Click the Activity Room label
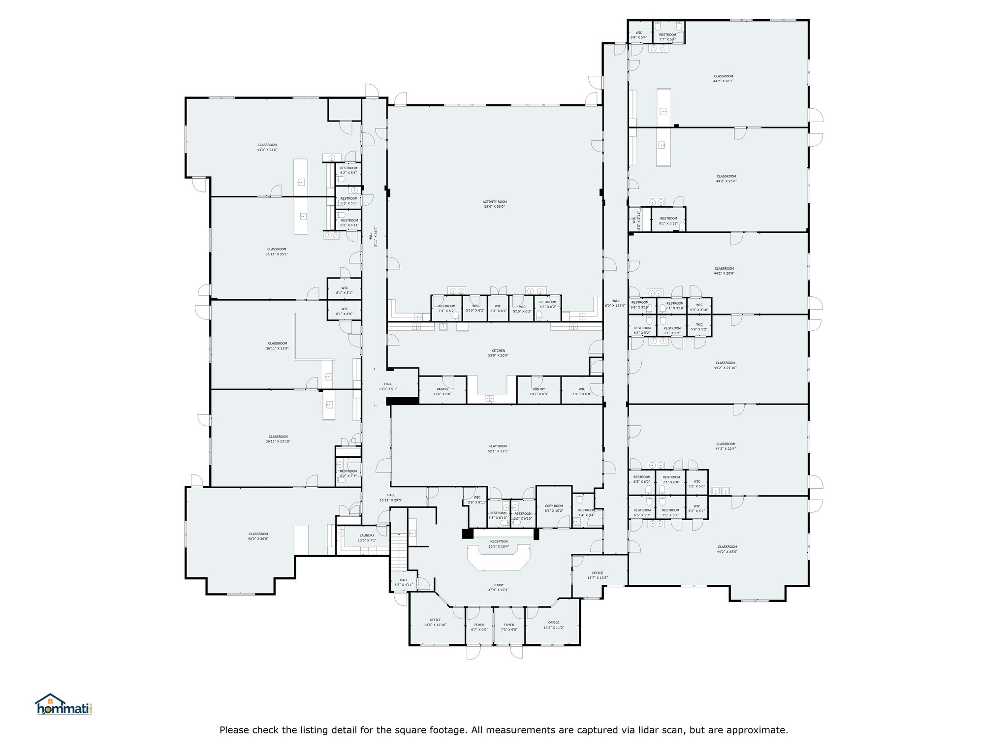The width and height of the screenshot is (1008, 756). coord(494,204)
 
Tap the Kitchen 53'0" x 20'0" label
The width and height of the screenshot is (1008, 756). coord(498,353)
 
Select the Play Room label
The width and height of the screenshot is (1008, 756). coord(498,448)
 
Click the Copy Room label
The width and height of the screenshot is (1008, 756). coord(554,508)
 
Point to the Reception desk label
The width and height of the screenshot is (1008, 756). coord(499,544)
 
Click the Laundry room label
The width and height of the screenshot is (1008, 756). coord(367,537)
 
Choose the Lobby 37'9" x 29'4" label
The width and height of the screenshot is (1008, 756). coord(498,587)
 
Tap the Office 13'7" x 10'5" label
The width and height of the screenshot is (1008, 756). coord(598,575)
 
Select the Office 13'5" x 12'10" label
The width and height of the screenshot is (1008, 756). coord(435,622)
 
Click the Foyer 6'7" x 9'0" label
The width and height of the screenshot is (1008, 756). coord(479,627)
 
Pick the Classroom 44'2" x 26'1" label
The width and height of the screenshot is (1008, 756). coord(723,79)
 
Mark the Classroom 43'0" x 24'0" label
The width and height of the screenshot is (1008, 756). coord(267,147)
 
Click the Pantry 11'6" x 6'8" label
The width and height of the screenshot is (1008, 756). coord(442,391)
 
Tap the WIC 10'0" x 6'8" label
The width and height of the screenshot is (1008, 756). coord(581,391)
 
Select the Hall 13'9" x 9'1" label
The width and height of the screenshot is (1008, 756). coord(388,386)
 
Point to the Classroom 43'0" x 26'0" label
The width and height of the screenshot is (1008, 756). coord(258,536)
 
